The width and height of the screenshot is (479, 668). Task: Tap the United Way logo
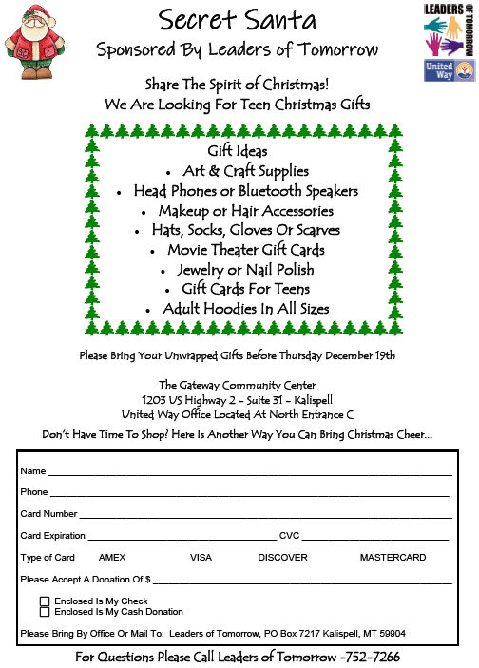click(x=448, y=71)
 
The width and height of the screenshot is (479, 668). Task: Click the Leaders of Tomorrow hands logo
click(x=448, y=29)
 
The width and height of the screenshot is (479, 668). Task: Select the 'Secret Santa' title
click(x=238, y=19)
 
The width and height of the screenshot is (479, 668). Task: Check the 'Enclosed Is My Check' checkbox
click(x=45, y=601)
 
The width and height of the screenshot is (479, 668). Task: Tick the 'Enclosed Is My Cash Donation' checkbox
click(x=45, y=612)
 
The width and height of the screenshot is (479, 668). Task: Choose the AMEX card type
click(x=112, y=557)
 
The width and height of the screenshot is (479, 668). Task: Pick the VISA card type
click(x=201, y=557)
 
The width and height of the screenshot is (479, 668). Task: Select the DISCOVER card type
click(x=282, y=557)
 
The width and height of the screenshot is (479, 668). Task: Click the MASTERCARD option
click(x=393, y=557)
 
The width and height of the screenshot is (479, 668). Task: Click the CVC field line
click(x=375, y=536)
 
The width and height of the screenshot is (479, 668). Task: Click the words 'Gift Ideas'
click(x=238, y=151)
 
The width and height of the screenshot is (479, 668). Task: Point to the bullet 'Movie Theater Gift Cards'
click(x=246, y=250)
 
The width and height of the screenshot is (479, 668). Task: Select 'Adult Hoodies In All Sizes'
click(x=246, y=309)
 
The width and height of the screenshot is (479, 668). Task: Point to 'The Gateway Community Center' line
click(x=239, y=385)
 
